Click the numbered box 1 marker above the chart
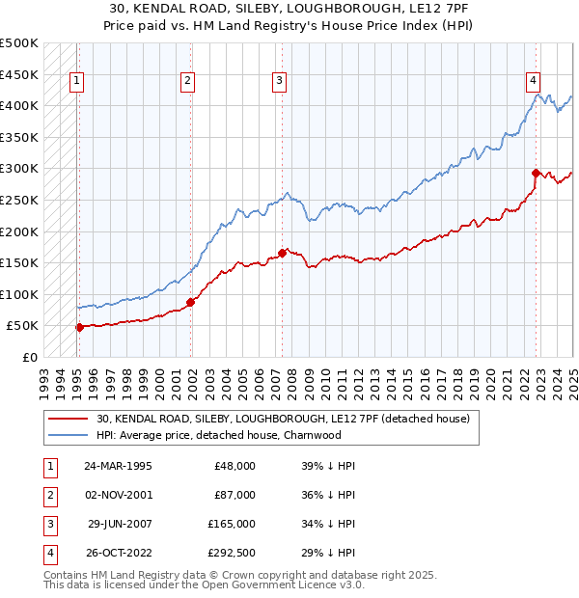(x=76, y=82)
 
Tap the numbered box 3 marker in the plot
(x=279, y=82)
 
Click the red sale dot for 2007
(x=282, y=253)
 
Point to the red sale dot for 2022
(x=537, y=173)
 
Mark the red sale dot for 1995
(x=79, y=327)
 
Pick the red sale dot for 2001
(x=191, y=302)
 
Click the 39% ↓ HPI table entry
(x=328, y=466)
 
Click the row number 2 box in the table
(x=46, y=495)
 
